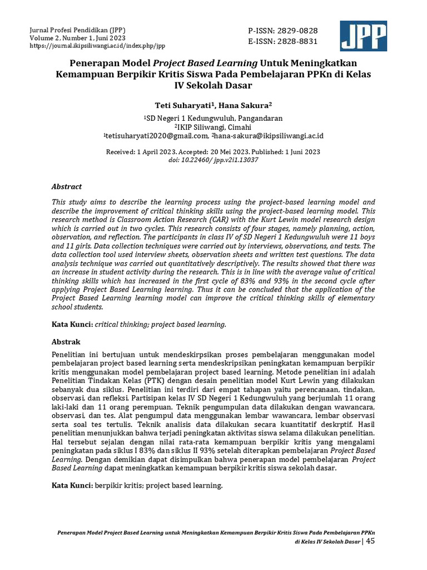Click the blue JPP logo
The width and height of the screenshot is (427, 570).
pos(364,36)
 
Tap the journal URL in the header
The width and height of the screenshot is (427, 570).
pos(98,46)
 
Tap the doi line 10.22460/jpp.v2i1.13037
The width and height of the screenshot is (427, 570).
pos(213,160)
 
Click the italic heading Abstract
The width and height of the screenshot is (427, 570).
pos(66,186)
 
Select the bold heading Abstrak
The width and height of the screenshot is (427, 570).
pos(66,341)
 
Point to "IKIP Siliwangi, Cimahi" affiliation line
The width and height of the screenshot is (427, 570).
pos(213,127)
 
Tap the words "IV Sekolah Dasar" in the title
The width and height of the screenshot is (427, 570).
pos(213,86)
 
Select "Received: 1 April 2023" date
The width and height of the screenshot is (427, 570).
pos(140,151)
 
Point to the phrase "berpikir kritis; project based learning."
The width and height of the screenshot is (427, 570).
pos(158,485)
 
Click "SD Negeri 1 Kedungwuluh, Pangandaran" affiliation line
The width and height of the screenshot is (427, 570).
pos(213,118)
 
